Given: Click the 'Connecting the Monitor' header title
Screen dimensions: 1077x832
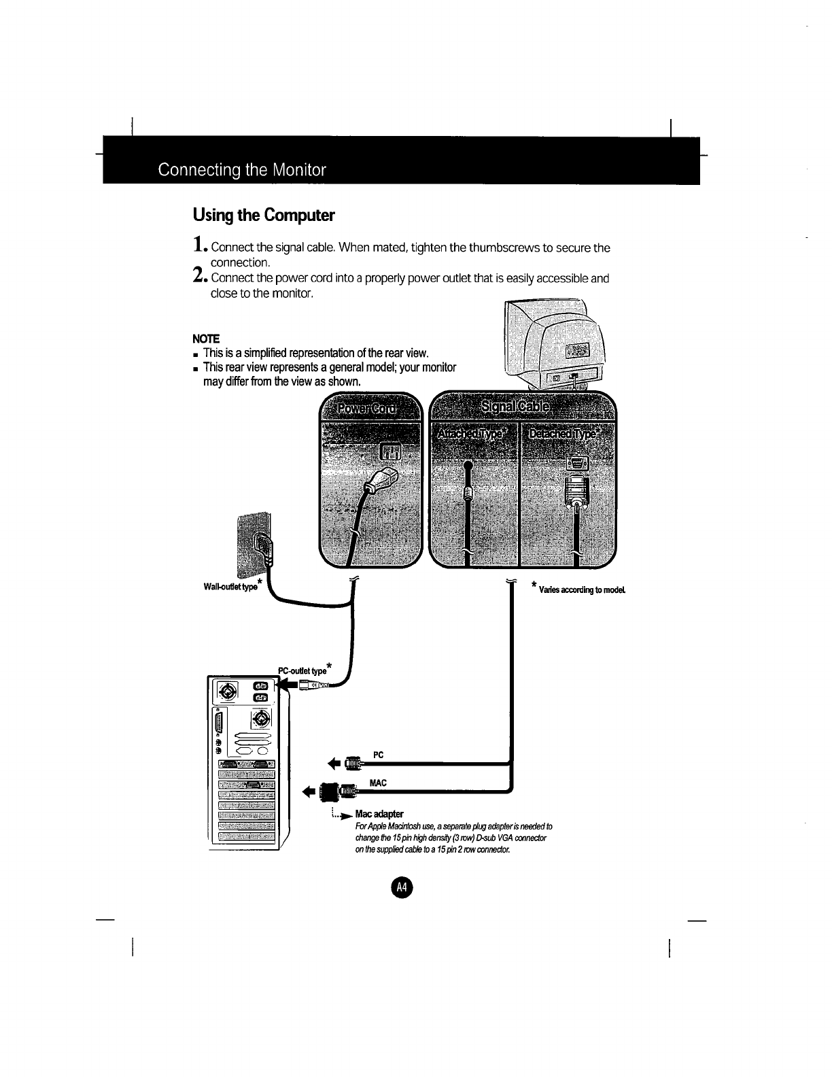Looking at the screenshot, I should pyautogui.click(x=241, y=169).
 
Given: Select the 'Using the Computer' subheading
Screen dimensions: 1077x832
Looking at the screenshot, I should pyautogui.click(x=264, y=216).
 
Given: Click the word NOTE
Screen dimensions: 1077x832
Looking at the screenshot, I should pyautogui.click(x=206, y=339).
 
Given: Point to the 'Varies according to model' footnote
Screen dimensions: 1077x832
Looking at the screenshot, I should pyautogui.click(x=582, y=588).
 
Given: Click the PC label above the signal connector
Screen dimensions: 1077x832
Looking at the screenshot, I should pyautogui.click(x=379, y=755).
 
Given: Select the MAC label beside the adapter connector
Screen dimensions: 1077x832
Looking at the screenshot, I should pyautogui.click(x=378, y=783).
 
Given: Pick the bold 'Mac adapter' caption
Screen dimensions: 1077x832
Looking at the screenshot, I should pyautogui.click(x=384, y=814).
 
